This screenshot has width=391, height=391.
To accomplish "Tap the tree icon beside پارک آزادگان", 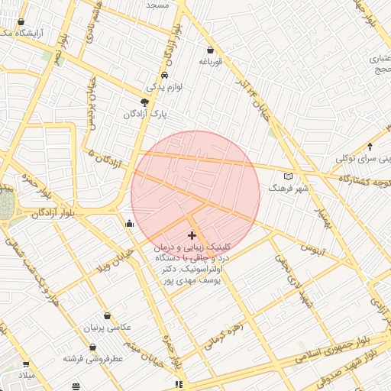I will (145, 102).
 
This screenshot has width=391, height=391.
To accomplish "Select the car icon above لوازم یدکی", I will (164, 76).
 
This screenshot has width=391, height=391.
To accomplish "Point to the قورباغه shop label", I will (210, 63).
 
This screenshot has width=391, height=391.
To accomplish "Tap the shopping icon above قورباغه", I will (210, 51).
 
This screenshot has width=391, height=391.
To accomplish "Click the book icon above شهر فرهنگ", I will (288, 176).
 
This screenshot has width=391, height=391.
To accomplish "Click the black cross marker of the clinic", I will (191, 235).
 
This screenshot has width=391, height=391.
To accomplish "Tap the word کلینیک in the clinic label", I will (212, 248).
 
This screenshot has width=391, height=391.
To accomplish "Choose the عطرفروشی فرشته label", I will (93, 357).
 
